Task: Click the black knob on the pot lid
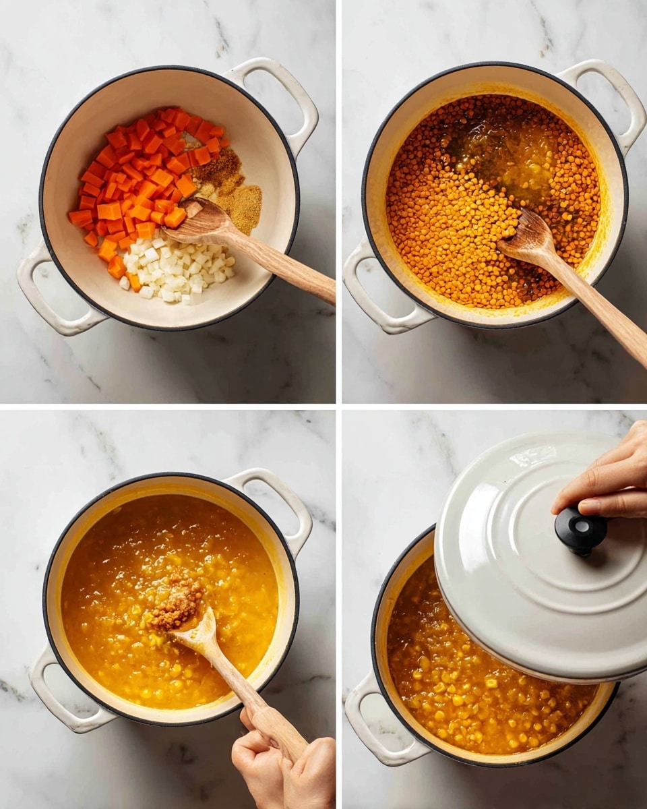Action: tap(580, 531)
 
